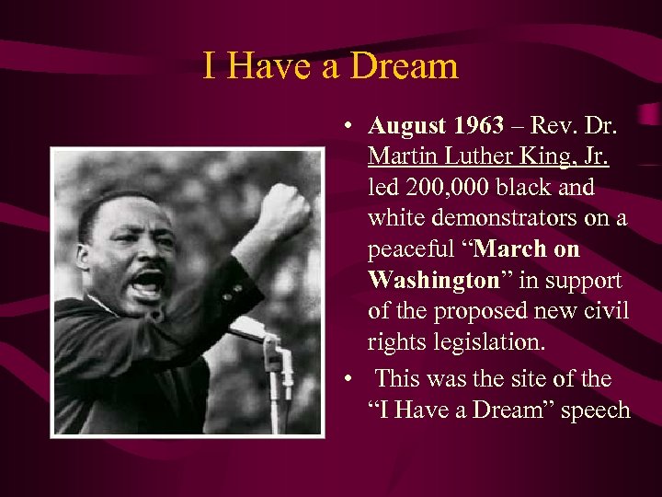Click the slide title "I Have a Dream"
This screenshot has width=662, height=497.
330,66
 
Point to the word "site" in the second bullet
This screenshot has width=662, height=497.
551,378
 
